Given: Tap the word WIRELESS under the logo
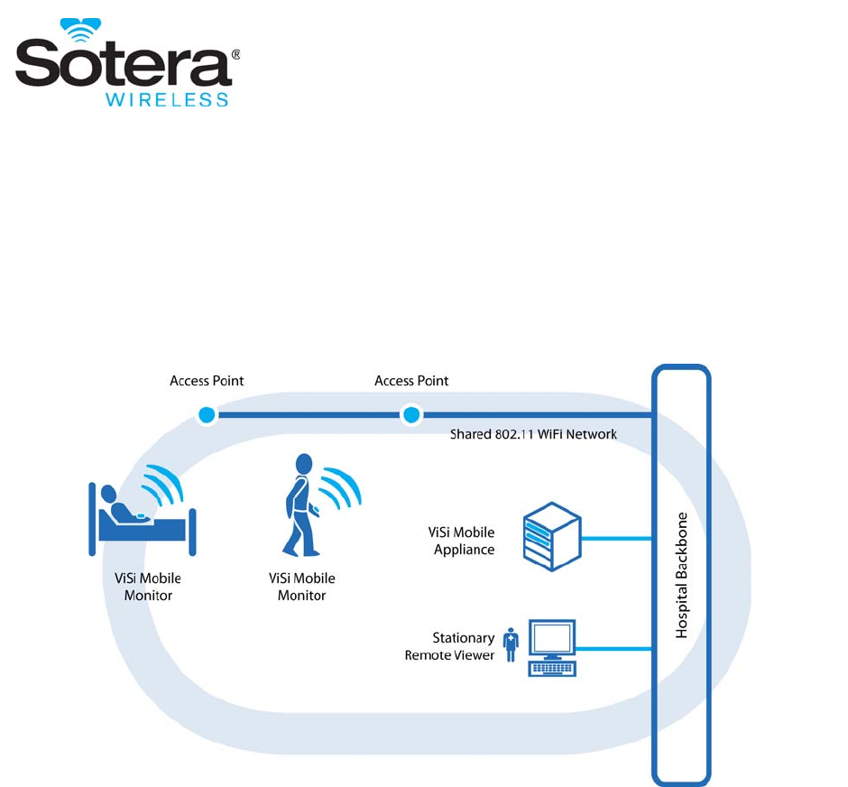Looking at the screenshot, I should (x=167, y=99).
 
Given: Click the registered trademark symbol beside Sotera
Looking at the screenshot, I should (x=235, y=54).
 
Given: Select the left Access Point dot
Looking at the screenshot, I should (x=207, y=415).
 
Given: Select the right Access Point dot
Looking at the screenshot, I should (x=411, y=415).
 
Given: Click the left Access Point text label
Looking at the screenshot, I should (x=207, y=381).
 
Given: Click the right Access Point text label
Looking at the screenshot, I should (x=411, y=381).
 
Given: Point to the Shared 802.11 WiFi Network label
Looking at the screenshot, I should (x=533, y=434).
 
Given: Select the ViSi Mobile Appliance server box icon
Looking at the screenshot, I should (x=551, y=536).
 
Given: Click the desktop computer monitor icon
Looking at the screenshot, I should (x=552, y=640).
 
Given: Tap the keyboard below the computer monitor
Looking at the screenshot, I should (x=552, y=669).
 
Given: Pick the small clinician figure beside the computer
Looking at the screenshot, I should (x=512, y=644).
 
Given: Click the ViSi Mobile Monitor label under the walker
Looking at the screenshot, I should (x=302, y=588).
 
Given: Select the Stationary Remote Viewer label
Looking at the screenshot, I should (x=450, y=647).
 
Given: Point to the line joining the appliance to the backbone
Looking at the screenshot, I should (x=616, y=539).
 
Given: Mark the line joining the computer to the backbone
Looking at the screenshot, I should (x=614, y=648).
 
